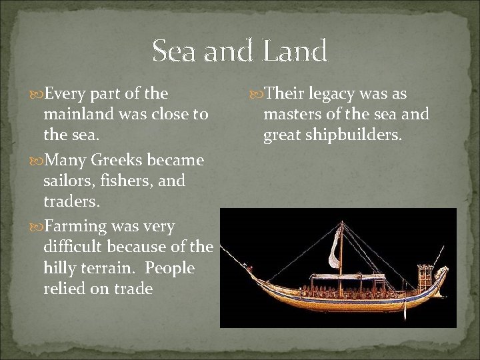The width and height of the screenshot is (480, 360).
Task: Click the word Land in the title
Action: click(x=295, y=51)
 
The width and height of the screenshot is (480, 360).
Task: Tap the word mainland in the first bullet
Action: click(x=79, y=114)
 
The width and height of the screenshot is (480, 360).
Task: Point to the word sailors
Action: click(x=67, y=181)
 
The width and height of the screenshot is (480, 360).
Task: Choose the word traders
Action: click(x=69, y=201)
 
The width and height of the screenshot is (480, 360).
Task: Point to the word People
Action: click(x=170, y=268)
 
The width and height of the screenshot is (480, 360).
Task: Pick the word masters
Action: click(x=291, y=115)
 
